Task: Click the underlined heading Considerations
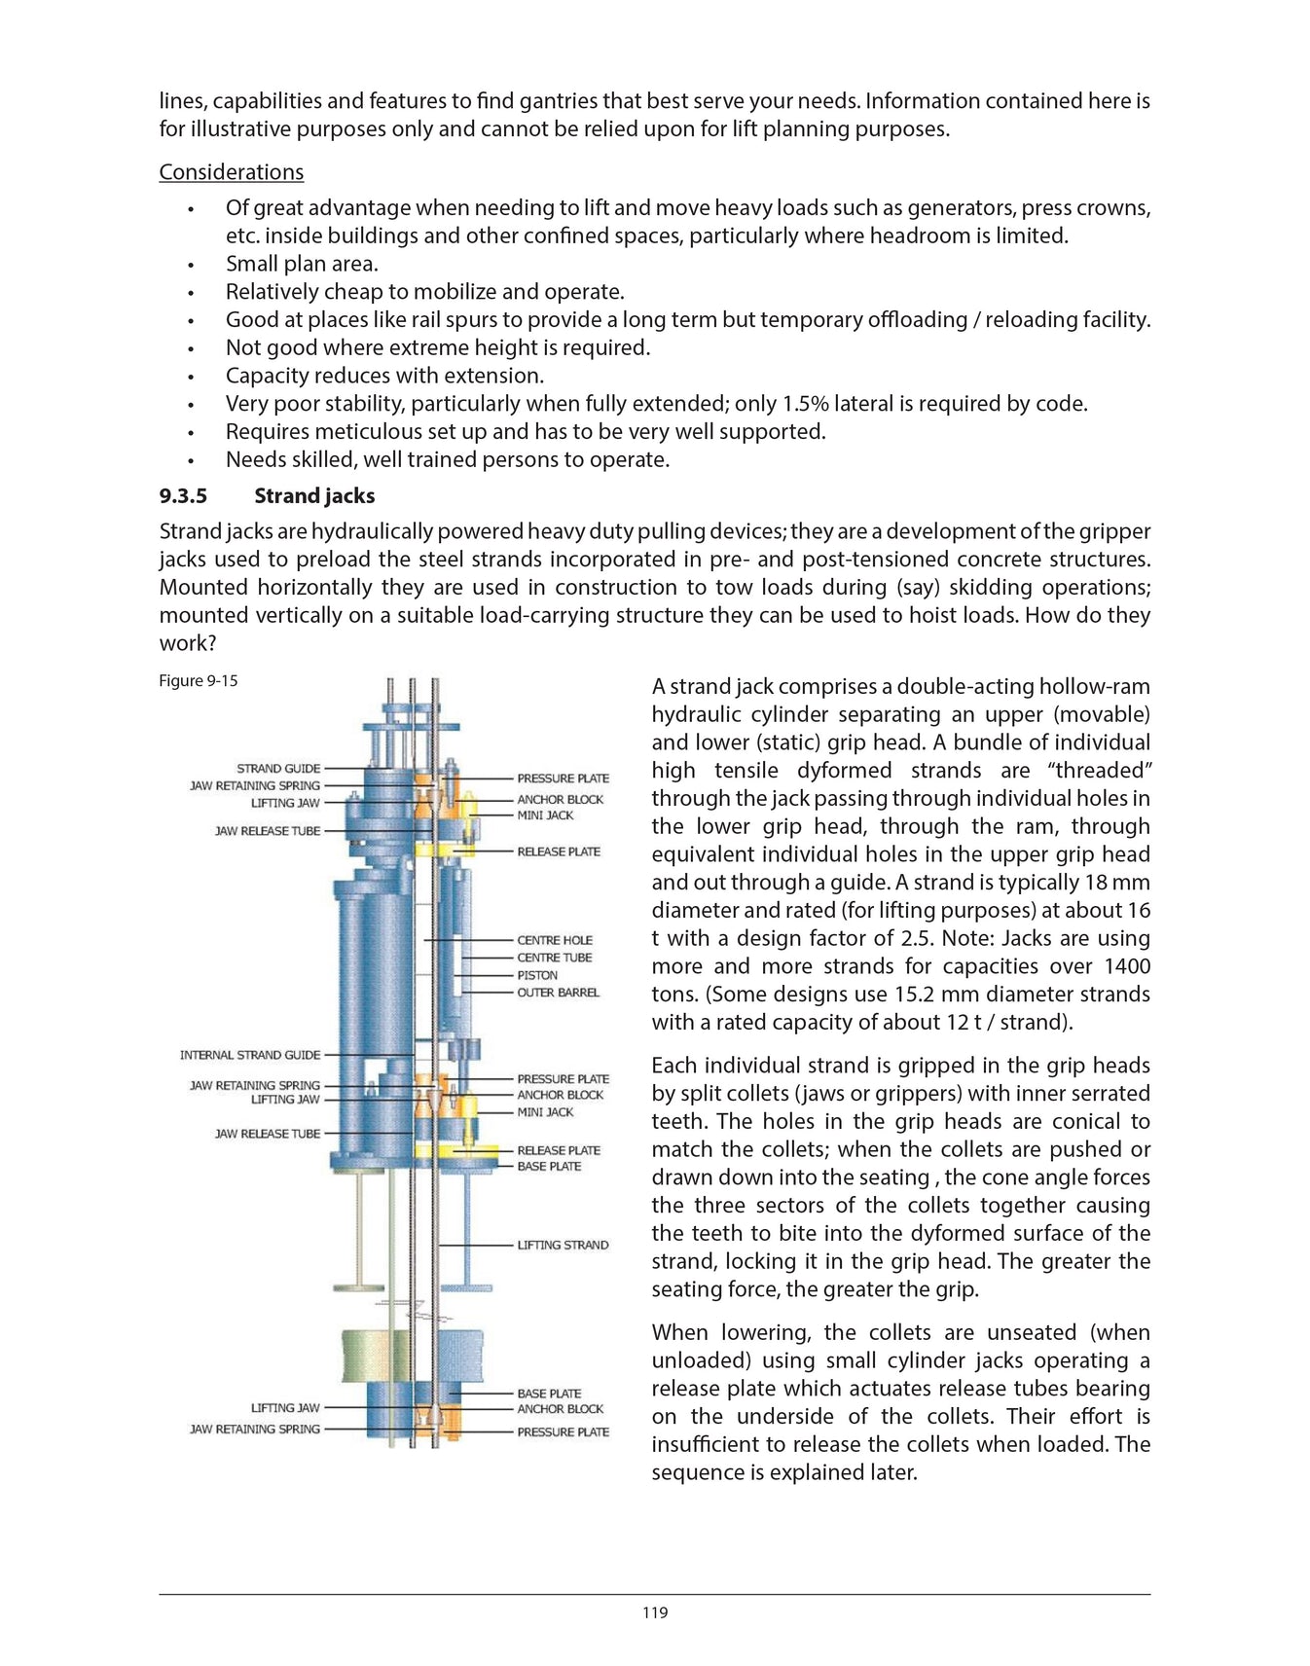pos(231,172)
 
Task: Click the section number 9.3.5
pos(183,495)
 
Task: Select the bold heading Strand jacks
pos(314,495)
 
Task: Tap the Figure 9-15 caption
pos(198,680)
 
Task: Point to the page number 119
pos(655,1612)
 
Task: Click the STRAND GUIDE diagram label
pos(278,768)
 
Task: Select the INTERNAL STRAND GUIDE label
pos(249,1054)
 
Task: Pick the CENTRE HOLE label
pos(554,940)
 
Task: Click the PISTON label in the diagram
pos(537,975)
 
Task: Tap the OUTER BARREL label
pos(558,993)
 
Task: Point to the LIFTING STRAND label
pos(563,1245)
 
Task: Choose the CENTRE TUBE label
pos(554,958)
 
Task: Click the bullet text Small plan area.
pos(302,264)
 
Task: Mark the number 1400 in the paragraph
pos(1126,966)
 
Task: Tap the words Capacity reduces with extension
pos(384,376)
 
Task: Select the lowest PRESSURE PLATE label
pos(563,1431)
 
